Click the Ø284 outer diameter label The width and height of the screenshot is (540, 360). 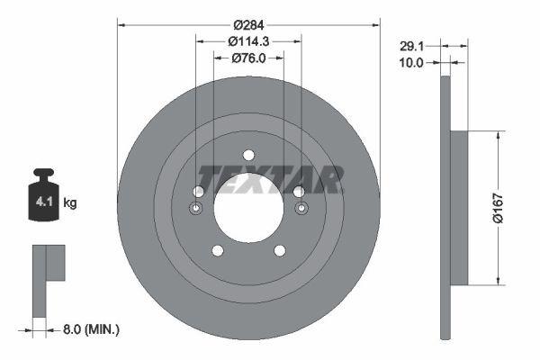[248, 25]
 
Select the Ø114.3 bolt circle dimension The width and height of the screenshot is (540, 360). [248, 41]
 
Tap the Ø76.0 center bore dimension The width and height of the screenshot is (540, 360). [248, 58]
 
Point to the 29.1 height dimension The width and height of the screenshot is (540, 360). [412, 46]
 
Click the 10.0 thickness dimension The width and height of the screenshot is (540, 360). [411, 63]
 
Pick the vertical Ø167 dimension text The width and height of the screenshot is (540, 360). [498, 208]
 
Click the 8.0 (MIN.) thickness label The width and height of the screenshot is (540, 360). [91, 329]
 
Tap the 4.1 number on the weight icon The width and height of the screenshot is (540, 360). [44, 202]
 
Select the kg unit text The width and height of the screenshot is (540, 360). [70, 202]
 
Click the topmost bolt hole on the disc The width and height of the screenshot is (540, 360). [248, 155]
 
